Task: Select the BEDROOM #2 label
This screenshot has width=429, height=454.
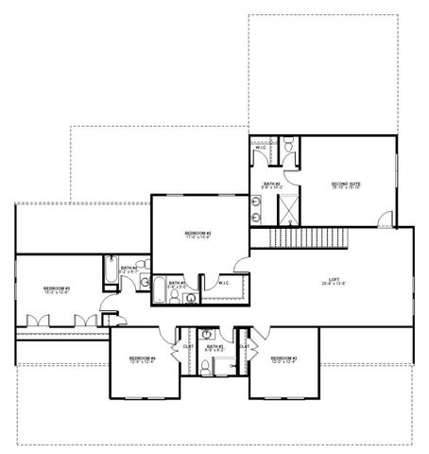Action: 197,233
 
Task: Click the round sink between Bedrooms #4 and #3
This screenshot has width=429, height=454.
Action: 208,334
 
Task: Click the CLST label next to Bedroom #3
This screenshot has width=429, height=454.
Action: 243,346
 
